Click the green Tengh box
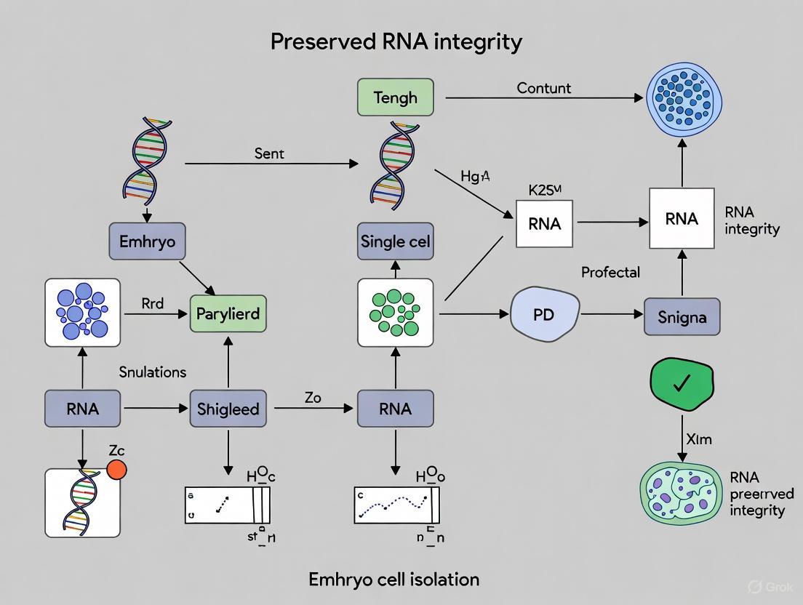[396, 97]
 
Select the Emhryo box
[147, 241]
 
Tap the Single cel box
[396, 241]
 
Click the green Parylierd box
[228, 314]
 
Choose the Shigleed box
[228, 408]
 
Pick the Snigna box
[682, 317]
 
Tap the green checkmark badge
[682, 383]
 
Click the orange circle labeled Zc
[116, 469]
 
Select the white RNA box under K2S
[545, 224]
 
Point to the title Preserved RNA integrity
[396, 41]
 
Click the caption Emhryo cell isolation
[393, 579]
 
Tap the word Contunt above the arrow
[544, 88]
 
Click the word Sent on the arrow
[269, 153]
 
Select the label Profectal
[610, 272]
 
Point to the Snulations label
[153, 372]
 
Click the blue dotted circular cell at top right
[684, 97]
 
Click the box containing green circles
[396, 313]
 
